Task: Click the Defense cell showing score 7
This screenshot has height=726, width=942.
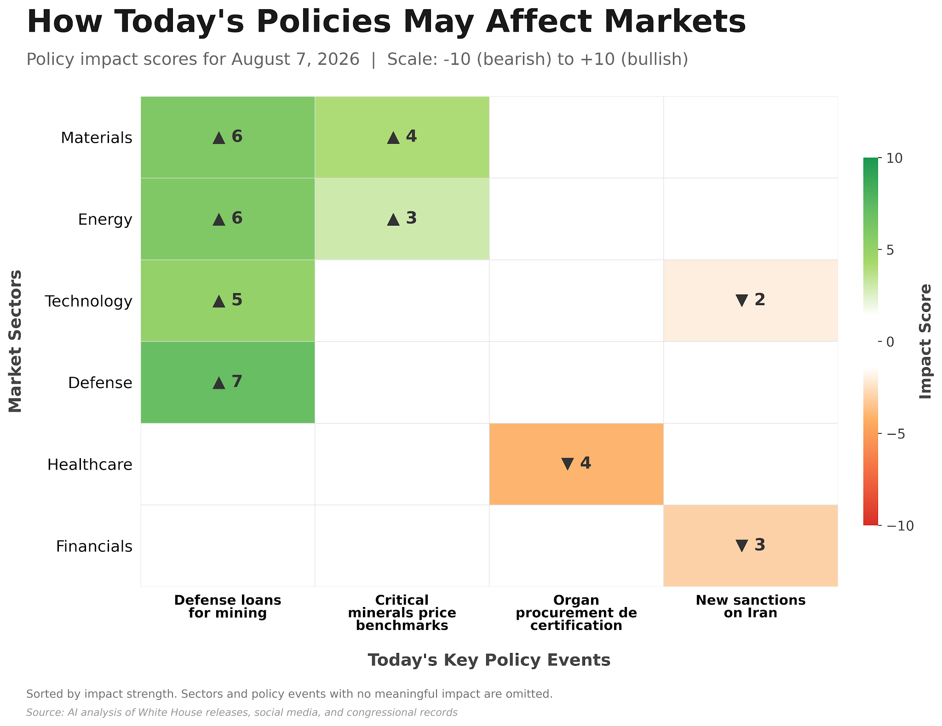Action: tap(228, 382)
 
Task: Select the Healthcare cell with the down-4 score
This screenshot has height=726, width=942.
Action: tap(576, 464)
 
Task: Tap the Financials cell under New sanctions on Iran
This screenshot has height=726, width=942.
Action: tap(751, 546)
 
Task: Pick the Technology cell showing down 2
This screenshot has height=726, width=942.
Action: tap(751, 301)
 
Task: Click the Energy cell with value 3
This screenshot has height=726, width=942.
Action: tap(402, 219)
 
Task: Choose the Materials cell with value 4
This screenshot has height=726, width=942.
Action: tap(402, 137)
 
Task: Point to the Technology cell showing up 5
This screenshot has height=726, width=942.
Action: tap(228, 301)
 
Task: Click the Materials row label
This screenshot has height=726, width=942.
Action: tap(97, 137)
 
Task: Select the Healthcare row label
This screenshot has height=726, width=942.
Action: tap(90, 465)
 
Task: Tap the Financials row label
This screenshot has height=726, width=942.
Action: tap(94, 546)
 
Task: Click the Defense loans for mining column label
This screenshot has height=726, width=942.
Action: tap(228, 607)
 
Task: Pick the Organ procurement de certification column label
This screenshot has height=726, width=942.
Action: tap(576, 613)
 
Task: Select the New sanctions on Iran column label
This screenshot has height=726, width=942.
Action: tap(751, 607)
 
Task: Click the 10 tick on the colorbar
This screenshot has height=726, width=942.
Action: tap(894, 158)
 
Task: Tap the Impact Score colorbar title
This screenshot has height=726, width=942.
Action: tap(925, 341)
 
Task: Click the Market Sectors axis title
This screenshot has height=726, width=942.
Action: tap(15, 341)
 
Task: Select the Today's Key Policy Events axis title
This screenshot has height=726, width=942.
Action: tap(489, 660)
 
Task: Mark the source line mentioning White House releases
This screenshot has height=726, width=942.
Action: tap(242, 713)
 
